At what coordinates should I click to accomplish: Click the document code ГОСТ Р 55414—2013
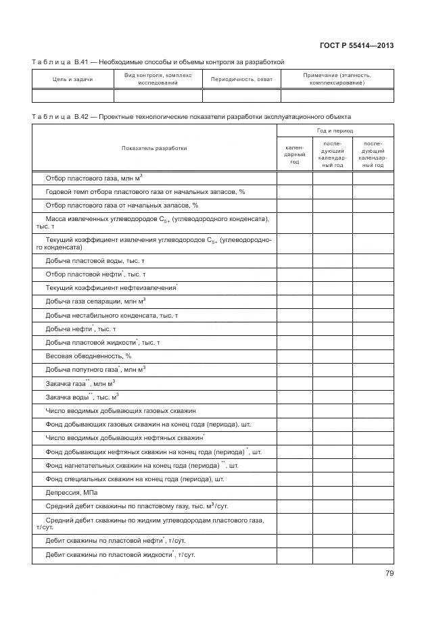pos(356,45)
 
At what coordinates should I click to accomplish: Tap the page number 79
pos(389,573)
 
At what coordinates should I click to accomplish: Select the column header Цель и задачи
pos(72,79)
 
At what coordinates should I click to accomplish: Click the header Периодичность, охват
pos(241,79)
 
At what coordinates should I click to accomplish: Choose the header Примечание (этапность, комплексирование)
pos(337,79)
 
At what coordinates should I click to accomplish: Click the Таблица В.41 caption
pos(158,62)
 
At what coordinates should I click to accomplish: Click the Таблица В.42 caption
pos(191,116)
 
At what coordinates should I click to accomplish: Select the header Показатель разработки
pos(154,147)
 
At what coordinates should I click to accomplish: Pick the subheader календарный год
pos(294,154)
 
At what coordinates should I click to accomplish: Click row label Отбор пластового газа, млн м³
pos(94,178)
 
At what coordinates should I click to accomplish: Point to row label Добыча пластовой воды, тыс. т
pos(95,260)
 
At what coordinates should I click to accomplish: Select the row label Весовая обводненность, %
pos(88,356)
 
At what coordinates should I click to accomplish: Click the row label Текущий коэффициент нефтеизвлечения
pos(110,288)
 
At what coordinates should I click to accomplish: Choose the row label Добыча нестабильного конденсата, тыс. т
pos(112,315)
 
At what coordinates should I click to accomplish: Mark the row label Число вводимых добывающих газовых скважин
pos(120,410)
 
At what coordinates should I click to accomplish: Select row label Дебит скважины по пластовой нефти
pos(115,541)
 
